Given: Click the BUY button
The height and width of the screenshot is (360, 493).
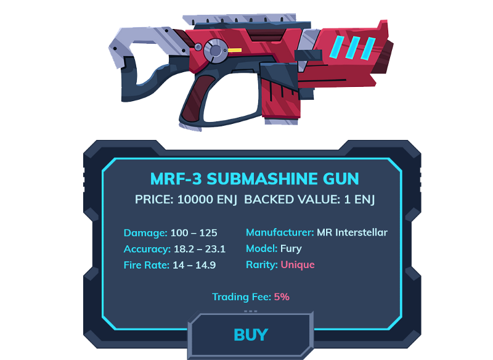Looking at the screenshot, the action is pos(251,335).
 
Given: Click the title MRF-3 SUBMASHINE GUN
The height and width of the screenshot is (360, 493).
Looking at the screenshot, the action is pos(255,179).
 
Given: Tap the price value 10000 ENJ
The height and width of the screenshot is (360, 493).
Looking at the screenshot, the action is pos(207,200).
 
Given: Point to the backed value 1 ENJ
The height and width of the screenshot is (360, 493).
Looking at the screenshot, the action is pos(359,200).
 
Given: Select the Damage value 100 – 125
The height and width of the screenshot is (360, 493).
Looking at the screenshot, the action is pos(194,233).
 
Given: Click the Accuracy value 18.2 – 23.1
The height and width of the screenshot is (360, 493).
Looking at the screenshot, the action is pos(200,249).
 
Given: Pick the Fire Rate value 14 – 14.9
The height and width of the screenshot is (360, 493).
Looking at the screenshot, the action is pos(194,265).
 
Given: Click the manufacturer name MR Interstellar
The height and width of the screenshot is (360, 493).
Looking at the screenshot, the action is pos(352,232).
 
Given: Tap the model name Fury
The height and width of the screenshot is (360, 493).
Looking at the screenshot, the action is pos(291,248).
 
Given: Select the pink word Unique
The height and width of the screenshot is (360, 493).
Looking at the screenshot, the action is pos(298,264).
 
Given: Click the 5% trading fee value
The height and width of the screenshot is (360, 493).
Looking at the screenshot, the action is pos(282,297).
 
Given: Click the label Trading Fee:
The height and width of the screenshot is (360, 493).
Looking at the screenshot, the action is pos(242,297).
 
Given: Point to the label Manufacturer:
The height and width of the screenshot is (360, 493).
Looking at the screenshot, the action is pos(280,232).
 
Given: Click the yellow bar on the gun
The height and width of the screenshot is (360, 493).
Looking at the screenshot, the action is pos(235,51).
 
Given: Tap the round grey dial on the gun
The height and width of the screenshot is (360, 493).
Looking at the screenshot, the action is pos(215,51).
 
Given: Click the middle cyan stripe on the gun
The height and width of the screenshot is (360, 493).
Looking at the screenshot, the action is pos(353,47).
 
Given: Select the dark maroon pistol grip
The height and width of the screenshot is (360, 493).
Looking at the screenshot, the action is pos(196,98).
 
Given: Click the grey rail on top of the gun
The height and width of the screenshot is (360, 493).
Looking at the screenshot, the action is pos(240,19).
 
